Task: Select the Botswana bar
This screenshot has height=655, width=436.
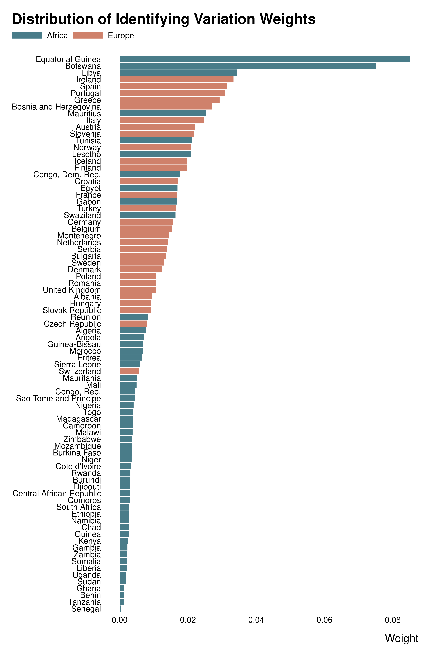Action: point(247,66)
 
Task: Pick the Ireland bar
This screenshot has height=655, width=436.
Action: point(176,79)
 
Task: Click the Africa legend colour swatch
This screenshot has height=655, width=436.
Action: point(27,35)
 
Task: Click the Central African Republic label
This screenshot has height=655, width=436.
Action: point(57,493)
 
